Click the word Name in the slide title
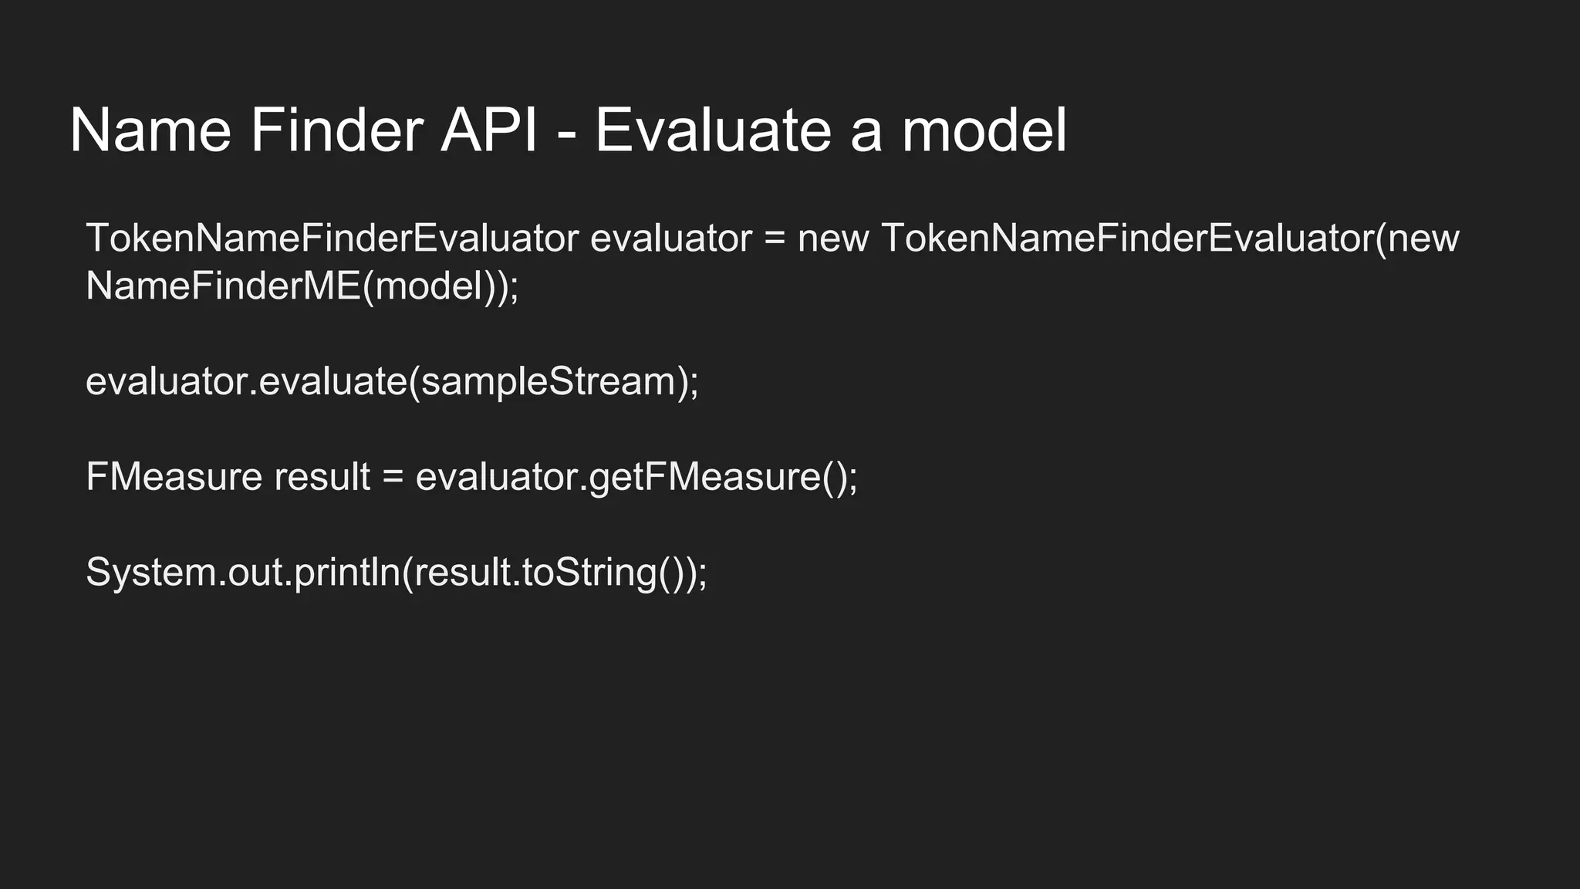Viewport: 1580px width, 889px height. [x=150, y=130]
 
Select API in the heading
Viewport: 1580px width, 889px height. [x=488, y=130]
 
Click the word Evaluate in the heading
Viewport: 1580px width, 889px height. [x=713, y=130]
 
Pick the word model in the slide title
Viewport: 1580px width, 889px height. [x=984, y=130]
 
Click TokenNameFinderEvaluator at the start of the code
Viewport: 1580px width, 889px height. [x=332, y=238]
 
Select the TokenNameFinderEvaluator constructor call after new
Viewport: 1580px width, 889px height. [x=1127, y=238]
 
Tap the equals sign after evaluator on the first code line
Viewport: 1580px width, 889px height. [x=775, y=239]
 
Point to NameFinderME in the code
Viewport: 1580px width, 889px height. [x=223, y=286]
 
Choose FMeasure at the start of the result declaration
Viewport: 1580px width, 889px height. [x=174, y=477]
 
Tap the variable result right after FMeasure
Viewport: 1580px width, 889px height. [x=322, y=477]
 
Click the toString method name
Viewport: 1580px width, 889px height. [x=589, y=573]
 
